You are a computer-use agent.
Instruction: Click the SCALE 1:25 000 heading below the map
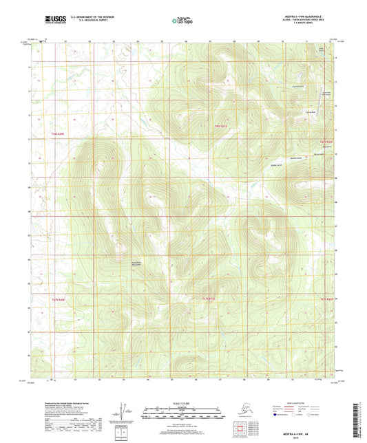pos(183,403)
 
